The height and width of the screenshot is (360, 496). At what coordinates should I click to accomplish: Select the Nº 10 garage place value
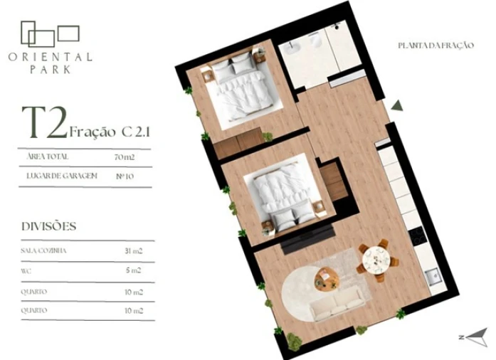[x=125, y=175]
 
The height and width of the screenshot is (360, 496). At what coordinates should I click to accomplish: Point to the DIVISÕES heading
[x=49, y=226]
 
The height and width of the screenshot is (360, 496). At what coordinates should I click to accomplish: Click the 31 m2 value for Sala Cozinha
[x=134, y=251]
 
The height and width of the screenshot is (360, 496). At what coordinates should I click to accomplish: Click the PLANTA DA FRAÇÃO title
[x=436, y=46]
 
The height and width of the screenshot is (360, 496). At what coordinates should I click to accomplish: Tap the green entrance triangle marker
[x=397, y=105]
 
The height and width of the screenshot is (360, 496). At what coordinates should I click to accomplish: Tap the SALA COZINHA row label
[x=42, y=251]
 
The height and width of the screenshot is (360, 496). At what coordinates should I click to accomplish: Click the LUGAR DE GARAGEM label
[x=60, y=175]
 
